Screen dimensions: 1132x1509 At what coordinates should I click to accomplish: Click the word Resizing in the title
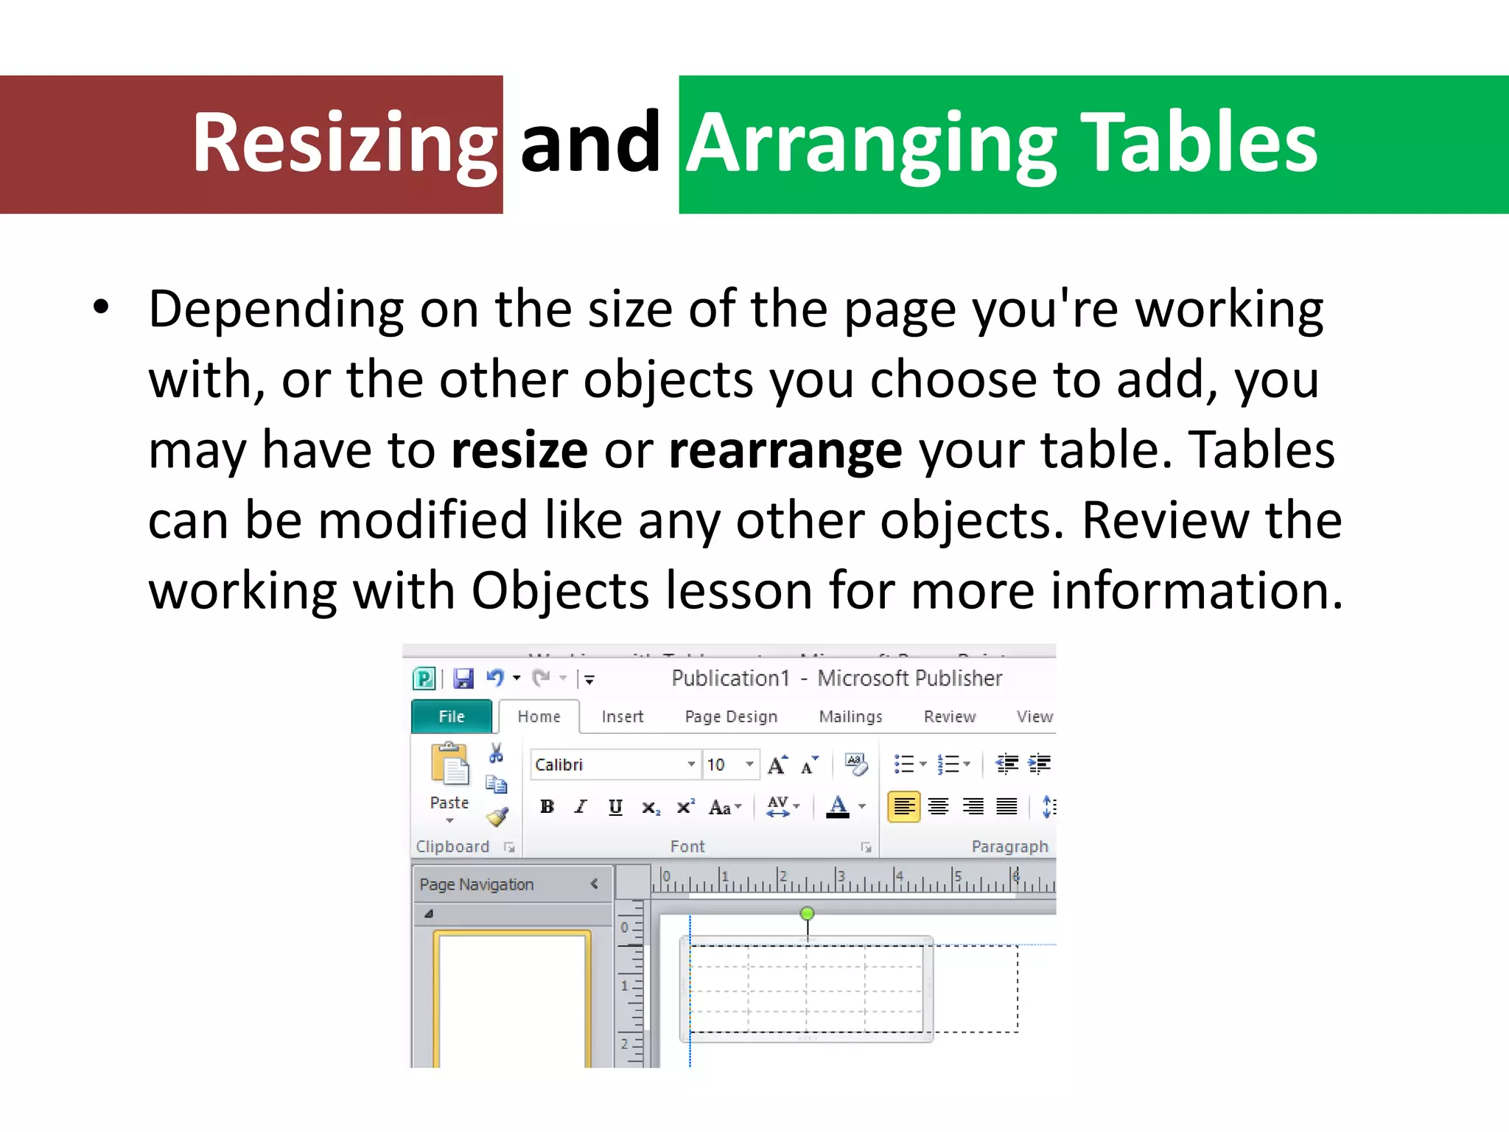pos(345,143)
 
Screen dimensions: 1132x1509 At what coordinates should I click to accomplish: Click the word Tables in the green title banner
pos(1202,143)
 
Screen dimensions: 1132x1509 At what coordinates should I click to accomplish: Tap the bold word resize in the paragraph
pos(519,450)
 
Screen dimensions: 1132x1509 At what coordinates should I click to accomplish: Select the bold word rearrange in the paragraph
pos(785,451)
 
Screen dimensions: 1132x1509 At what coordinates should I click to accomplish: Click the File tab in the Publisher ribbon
pos(451,716)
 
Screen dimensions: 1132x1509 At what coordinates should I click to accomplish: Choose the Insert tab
pos(622,716)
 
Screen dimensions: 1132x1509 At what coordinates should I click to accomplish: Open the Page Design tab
pos(731,716)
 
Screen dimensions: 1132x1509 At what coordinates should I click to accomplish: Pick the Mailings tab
pos(850,716)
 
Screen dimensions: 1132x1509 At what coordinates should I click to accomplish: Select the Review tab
pos(949,716)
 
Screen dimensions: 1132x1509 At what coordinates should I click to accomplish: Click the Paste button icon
pos(449,766)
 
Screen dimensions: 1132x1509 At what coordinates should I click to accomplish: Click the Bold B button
pos(547,807)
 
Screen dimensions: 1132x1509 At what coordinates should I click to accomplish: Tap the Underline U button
pos(615,807)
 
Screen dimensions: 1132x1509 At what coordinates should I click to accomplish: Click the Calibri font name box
pos(608,764)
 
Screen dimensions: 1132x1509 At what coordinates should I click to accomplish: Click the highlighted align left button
pos(903,806)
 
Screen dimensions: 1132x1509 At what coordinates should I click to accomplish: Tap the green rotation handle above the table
pos(808,914)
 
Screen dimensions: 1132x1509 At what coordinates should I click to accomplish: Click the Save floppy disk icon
pos(463,678)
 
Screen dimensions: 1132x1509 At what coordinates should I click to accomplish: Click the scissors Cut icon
pos(496,753)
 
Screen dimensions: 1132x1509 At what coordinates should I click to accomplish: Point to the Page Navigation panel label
pos(477,884)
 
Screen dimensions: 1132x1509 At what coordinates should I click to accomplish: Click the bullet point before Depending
pos(102,308)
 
